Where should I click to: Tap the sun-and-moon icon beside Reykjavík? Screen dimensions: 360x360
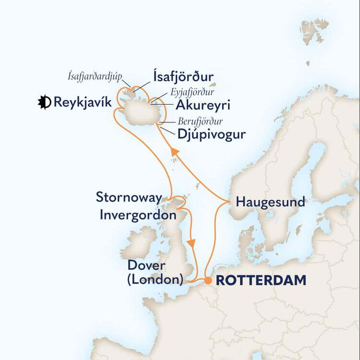point(45,102)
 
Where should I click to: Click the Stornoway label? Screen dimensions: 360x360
point(128,197)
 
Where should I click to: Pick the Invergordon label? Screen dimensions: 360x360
point(138,215)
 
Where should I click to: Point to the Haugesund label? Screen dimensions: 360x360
point(270,202)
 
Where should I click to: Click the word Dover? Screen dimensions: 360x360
point(146,266)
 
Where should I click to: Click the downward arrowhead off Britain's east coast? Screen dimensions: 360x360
point(193,243)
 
